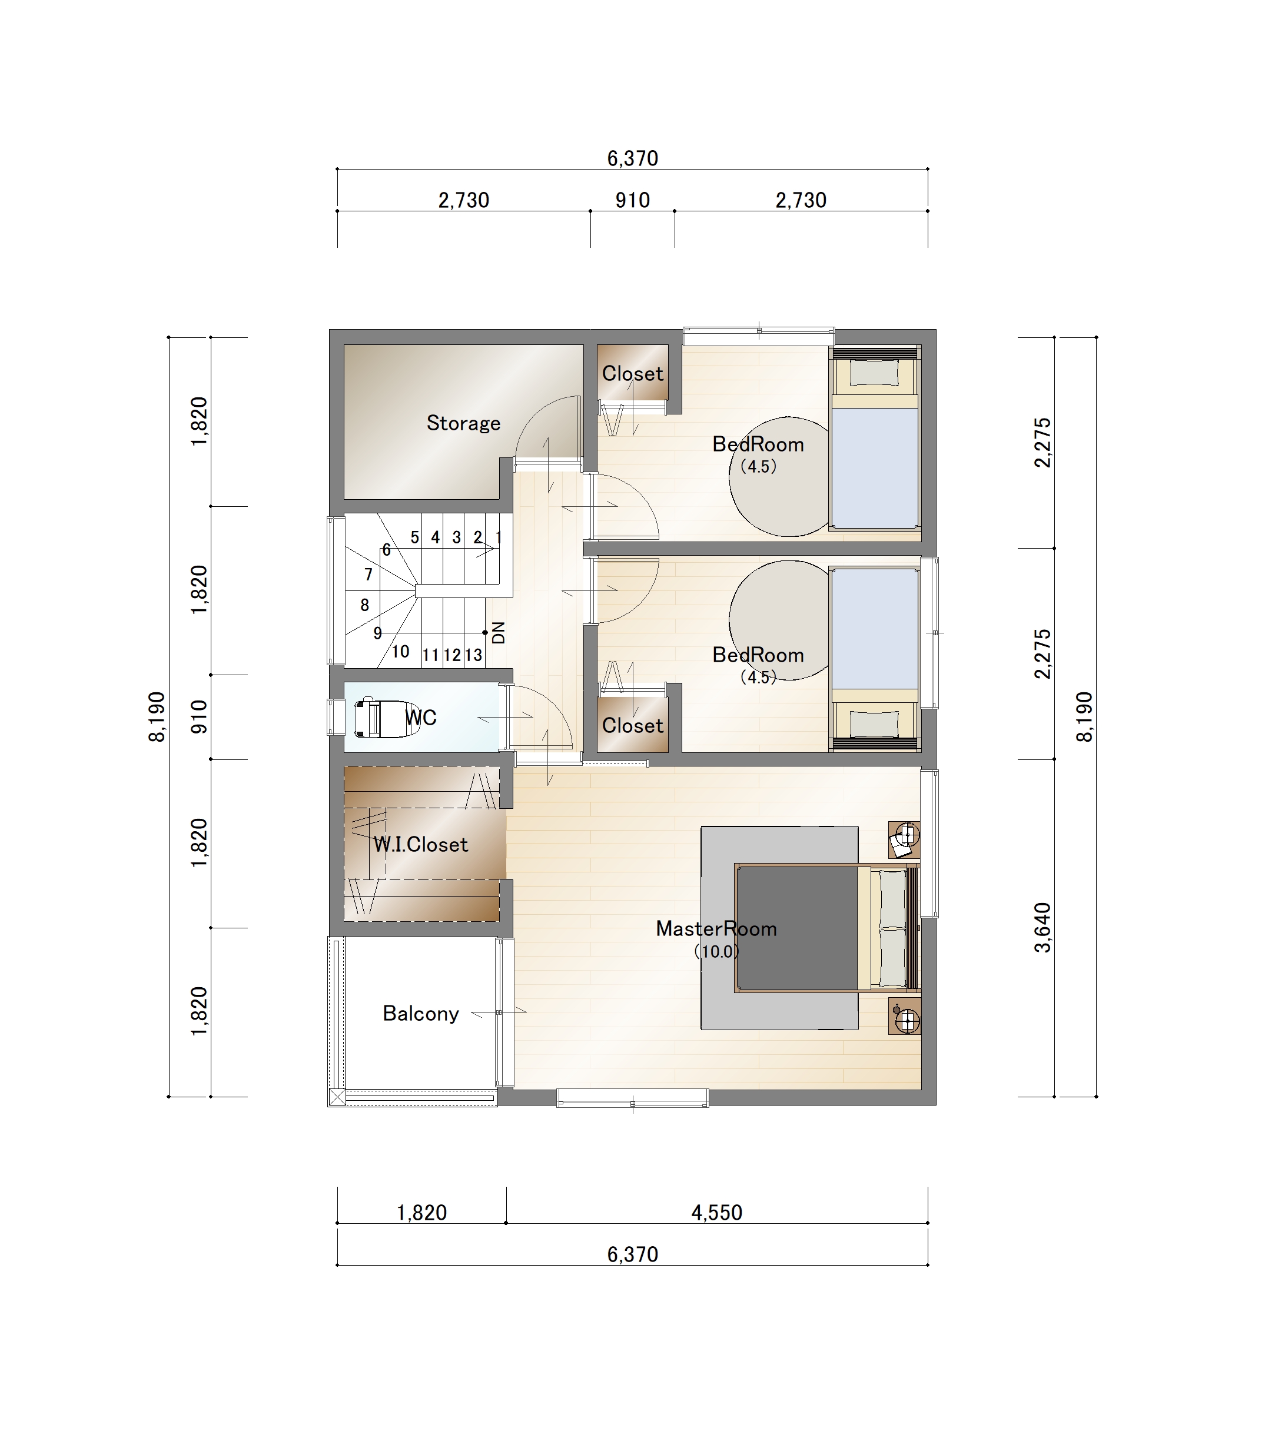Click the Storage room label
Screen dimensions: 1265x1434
pos(463,423)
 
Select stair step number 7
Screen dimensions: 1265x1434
pos(368,575)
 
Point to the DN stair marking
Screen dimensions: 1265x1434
pos(499,633)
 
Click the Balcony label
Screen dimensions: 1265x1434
pos(421,1014)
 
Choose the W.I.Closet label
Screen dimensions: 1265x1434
pos(420,845)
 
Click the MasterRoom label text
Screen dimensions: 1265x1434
pos(716,929)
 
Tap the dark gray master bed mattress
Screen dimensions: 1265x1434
pos(797,928)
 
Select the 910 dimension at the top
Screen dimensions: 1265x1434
pos(632,201)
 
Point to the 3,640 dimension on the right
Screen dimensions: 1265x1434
pos(1043,928)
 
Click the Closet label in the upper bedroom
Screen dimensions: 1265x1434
pos(632,374)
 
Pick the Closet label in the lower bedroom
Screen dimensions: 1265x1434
pos(632,725)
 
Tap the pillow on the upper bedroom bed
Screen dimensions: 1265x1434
pos(874,373)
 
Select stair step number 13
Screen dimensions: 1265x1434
pos(474,655)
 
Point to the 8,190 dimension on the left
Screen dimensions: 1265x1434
pos(157,716)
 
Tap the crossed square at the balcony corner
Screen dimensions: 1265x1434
pos(337,1097)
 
